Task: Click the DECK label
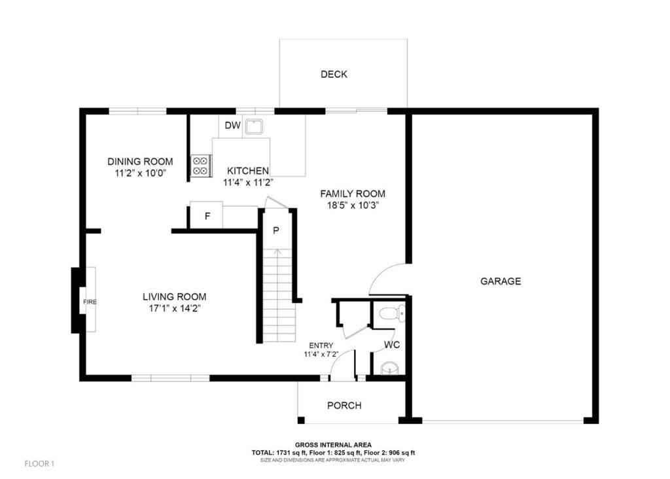click(x=334, y=75)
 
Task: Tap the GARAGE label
click(x=501, y=281)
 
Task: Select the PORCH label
click(x=344, y=406)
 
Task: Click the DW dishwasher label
click(x=232, y=126)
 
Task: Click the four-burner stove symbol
click(x=200, y=166)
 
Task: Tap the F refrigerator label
click(x=207, y=216)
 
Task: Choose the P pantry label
click(x=276, y=230)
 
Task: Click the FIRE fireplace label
click(x=90, y=302)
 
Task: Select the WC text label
click(x=393, y=344)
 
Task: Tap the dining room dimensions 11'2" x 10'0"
click(x=139, y=173)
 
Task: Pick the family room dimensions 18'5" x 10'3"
click(x=352, y=205)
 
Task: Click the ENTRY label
click(x=318, y=346)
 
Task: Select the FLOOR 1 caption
click(x=39, y=464)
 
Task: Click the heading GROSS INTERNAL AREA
click(x=333, y=444)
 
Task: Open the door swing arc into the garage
click(x=386, y=278)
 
